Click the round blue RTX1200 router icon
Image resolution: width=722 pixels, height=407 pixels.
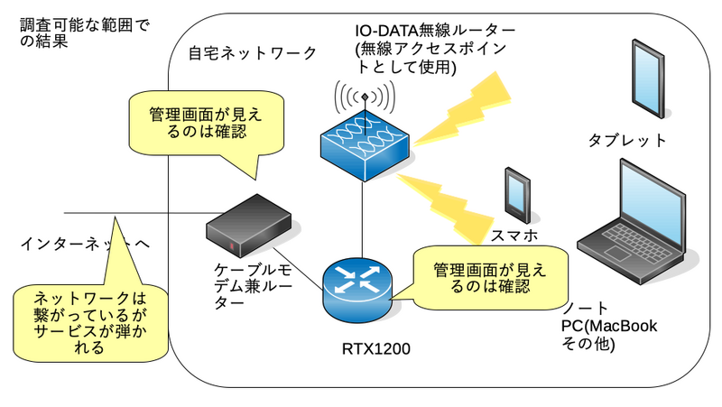[358, 285]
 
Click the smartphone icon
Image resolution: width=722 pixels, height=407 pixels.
[517, 193]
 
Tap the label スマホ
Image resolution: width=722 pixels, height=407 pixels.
[514, 236]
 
